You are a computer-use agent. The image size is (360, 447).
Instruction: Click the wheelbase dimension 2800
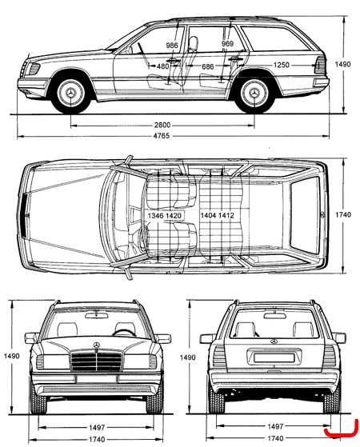pyautogui.click(x=162, y=125)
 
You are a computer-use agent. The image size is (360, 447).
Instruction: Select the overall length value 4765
pyautogui.click(x=162, y=136)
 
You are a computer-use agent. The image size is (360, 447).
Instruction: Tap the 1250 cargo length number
pyautogui.click(x=282, y=65)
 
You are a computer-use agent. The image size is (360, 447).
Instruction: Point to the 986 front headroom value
pyautogui.click(x=172, y=46)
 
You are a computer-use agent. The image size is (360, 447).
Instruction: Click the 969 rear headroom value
pyautogui.click(x=227, y=44)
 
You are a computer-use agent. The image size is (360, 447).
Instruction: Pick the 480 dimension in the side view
pyautogui.click(x=163, y=66)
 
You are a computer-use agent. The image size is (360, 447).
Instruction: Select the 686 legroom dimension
pyautogui.click(x=208, y=66)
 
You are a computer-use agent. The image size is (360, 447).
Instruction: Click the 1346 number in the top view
pyautogui.click(x=155, y=216)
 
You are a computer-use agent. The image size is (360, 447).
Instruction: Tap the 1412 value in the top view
pyautogui.click(x=226, y=215)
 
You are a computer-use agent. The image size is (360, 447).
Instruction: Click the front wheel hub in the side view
pyautogui.click(x=70, y=93)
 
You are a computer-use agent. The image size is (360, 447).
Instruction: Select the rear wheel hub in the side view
pyautogui.click(x=254, y=93)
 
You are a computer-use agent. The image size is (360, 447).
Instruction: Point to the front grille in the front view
pyautogui.click(x=97, y=361)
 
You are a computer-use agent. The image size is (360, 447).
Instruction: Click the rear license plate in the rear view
pyautogui.click(x=274, y=357)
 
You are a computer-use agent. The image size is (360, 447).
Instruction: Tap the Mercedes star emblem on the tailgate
pyautogui.click(x=274, y=341)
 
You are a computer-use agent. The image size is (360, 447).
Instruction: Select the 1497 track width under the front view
pyautogui.click(x=97, y=427)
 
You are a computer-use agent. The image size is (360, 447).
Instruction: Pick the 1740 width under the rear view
pyautogui.click(x=275, y=438)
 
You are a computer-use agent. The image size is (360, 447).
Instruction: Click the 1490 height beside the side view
pyautogui.click(x=342, y=65)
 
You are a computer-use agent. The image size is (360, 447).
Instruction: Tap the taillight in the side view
pyautogui.click(x=320, y=66)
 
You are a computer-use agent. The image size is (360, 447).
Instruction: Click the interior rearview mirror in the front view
pyautogui.click(x=97, y=315)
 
